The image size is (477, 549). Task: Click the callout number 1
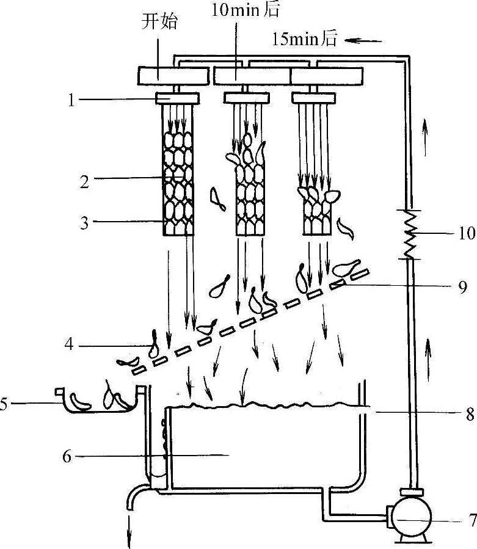tap(71, 100)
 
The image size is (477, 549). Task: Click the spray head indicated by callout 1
tap(177, 98)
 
